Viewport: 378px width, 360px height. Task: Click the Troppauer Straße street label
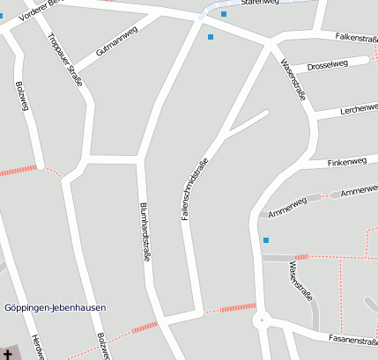[x=65, y=58]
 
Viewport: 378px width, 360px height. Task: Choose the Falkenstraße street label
[x=356, y=38]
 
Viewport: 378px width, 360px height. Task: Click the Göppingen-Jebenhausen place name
[x=56, y=307]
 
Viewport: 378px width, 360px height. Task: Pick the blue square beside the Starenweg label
[x=224, y=14]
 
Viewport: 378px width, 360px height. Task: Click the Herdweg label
[x=37, y=347]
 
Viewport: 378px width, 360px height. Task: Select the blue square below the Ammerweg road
[x=265, y=239]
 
